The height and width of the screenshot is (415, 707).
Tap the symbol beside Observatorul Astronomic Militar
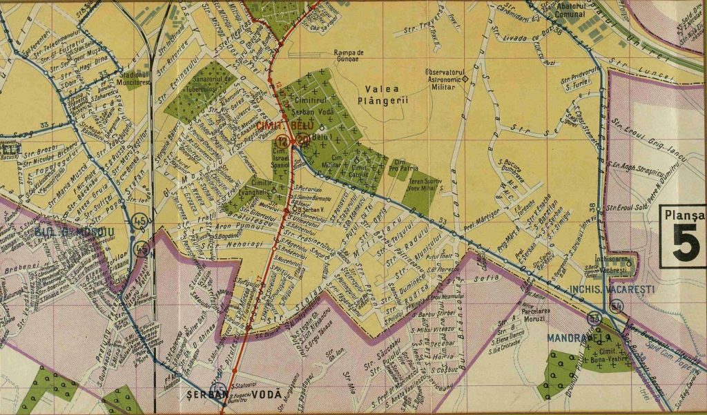(465, 78)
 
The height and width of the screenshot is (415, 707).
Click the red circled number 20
(304, 141)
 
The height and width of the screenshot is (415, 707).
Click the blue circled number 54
(617, 306)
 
